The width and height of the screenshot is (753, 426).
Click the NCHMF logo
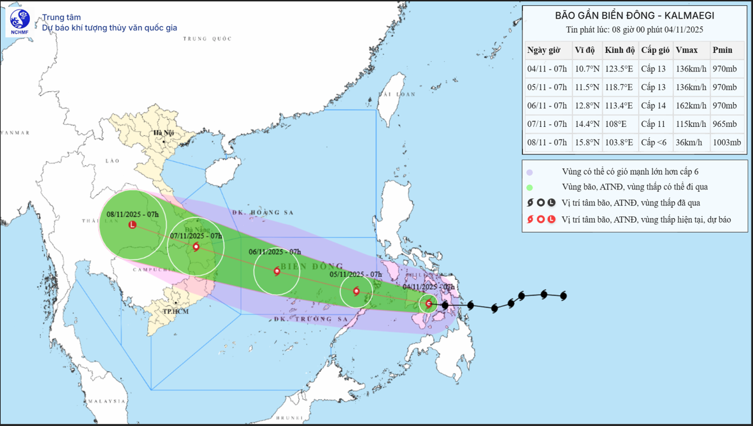(19, 22)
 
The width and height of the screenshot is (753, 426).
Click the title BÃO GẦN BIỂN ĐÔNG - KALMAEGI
(635, 15)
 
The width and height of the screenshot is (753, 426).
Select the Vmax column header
(687, 50)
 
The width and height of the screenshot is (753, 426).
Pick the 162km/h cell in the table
(691, 106)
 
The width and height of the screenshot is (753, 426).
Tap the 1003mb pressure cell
(727, 143)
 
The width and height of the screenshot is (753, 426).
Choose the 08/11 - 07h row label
(547, 143)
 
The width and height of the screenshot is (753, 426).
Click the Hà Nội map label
(163, 133)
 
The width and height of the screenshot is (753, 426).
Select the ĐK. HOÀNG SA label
(257, 212)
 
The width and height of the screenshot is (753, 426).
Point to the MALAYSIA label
(106, 401)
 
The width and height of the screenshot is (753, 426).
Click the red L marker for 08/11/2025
(133, 224)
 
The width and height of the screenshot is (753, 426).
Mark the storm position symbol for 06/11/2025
(277, 272)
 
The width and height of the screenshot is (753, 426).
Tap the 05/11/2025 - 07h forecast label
(355, 275)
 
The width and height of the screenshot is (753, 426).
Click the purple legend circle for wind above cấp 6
(529, 172)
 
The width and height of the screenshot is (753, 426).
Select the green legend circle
(529, 187)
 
